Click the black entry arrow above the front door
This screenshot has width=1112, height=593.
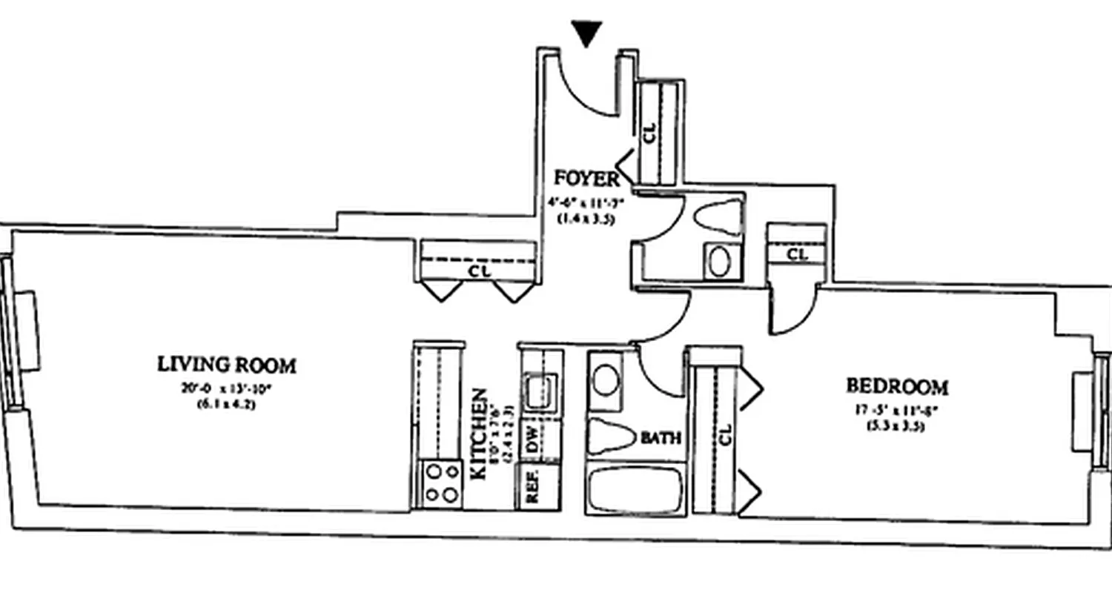[587, 33]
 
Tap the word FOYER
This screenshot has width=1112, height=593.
[586, 179]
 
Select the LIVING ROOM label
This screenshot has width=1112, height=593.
[227, 365]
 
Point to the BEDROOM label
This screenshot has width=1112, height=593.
[897, 386]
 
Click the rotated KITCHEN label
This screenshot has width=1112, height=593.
[480, 433]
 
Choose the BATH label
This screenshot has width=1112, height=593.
[661, 438]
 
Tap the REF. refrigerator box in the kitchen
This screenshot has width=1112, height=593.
[532, 486]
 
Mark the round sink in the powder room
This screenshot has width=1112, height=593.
[719, 262]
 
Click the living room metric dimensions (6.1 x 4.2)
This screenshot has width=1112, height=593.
[226, 404]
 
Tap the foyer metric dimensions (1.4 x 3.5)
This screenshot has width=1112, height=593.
[586, 219]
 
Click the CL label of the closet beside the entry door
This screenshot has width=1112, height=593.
[650, 133]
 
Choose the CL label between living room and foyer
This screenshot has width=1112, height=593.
[479, 271]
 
